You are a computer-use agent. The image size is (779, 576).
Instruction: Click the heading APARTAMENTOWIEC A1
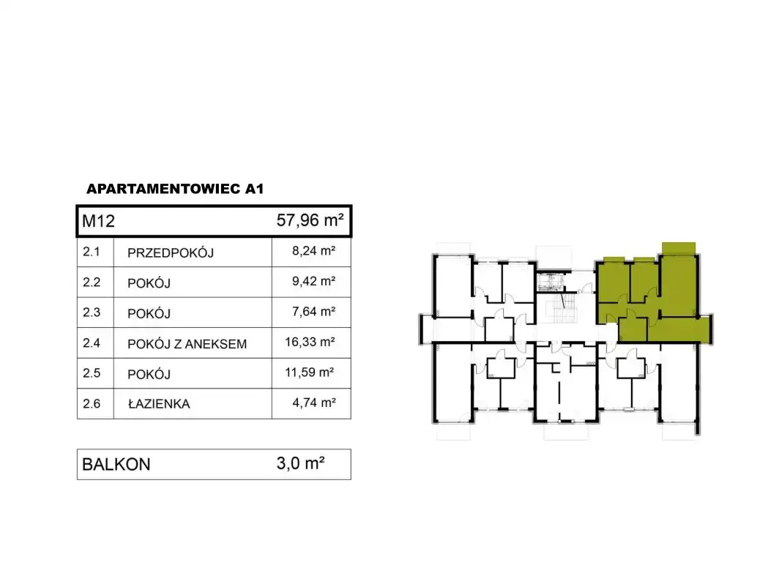[x=175, y=189]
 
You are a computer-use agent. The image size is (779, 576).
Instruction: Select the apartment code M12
[x=98, y=220]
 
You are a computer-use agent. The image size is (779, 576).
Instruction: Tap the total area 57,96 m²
[x=310, y=220]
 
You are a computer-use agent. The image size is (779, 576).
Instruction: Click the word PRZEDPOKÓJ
[x=171, y=253]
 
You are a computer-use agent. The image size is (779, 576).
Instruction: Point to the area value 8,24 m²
[x=313, y=251]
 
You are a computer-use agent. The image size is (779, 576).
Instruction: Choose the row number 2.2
[x=92, y=282]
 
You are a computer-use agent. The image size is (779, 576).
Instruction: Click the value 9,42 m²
[x=313, y=281]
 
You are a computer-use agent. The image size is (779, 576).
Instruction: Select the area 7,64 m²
[x=313, y=311]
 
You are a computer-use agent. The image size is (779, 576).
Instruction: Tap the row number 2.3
[x=92, y=313]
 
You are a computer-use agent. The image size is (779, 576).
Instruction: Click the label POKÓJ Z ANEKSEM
[x=187, y=343]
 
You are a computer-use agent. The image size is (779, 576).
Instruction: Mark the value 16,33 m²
[x=310, y=342]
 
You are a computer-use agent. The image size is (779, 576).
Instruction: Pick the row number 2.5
[x=92, y=373]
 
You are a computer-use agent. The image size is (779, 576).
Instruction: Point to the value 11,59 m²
[x=309, y=372]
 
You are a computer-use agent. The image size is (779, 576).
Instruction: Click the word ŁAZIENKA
[x=159, y=404]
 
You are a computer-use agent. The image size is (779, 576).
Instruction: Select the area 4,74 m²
[x=313, y=403]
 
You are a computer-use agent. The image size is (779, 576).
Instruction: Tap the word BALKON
[x=116, y=464]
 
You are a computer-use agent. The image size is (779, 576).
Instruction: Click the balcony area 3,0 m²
[x=301, y=463]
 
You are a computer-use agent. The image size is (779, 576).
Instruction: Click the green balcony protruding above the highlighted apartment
[x=679, y=248]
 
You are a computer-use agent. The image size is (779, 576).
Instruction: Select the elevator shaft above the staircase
[x=553, y=282]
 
